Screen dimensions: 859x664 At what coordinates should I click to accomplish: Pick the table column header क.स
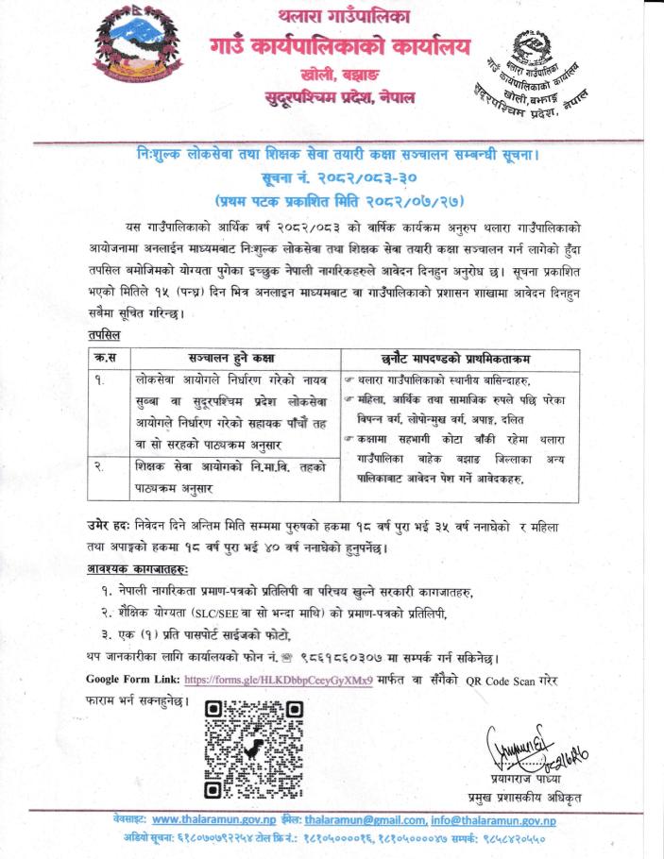[x=99, y=358]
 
